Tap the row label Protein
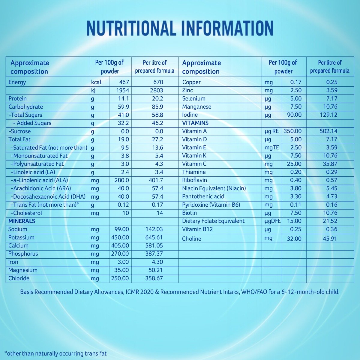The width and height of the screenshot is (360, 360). tap(17, 99)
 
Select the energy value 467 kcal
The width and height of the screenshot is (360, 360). tap(124, 82)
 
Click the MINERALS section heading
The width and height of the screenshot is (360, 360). tap(22, 221)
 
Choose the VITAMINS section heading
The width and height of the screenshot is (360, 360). tap(195, 123)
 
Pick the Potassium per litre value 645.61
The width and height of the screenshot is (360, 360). tap(154, 238)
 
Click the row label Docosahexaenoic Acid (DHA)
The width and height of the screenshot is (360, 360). tap(48, 197)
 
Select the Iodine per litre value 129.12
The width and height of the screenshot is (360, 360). tap(328, 115)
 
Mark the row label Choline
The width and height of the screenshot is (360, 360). tap(191, 239)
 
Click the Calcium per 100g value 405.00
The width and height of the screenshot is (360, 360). tap(120, 246)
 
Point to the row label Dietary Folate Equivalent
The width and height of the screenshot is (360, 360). tap(213, 221)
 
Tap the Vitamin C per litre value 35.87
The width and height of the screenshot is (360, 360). tap(330, 164)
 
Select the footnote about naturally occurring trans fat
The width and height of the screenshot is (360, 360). tap(55, 353)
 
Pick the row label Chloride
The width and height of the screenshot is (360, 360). tap(19, 278)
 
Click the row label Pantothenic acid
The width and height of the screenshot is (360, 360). tap(203, 196)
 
